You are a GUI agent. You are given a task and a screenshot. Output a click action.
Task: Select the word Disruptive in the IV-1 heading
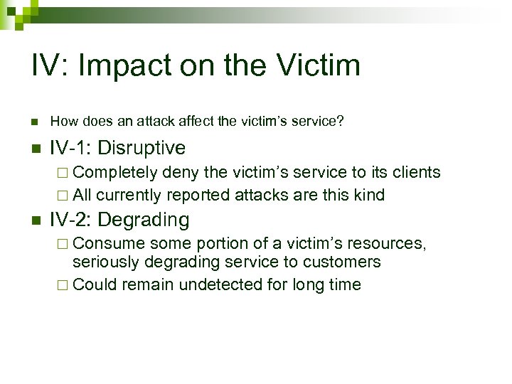(x=142, y=148)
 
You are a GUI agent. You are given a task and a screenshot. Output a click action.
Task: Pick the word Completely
(x=115, y=172)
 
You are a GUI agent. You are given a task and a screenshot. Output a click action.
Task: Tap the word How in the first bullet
(x=62, y=122)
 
